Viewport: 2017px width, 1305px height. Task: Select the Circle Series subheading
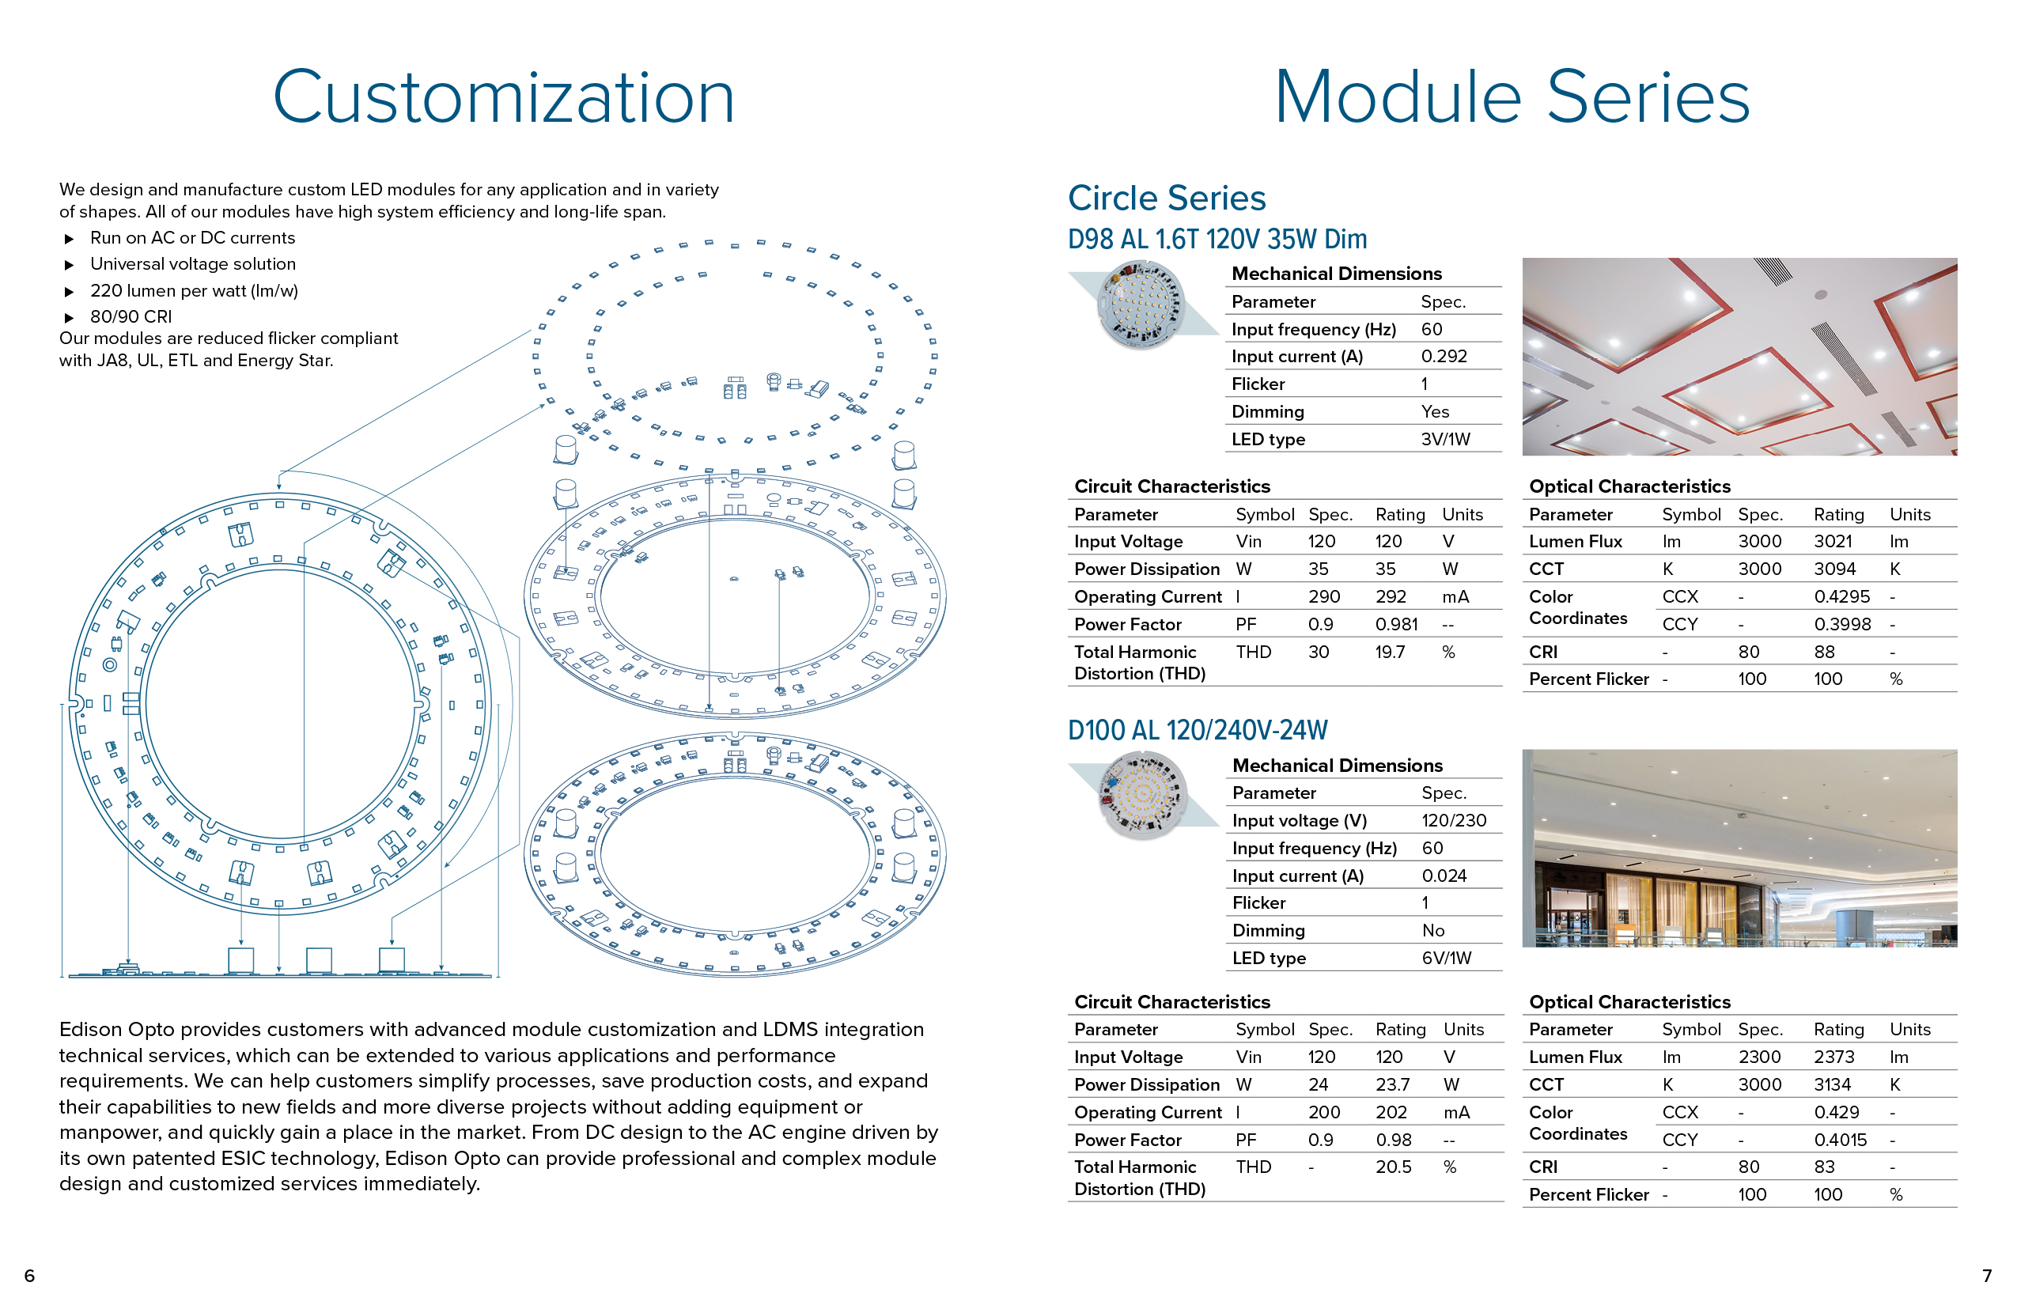[1166, 199]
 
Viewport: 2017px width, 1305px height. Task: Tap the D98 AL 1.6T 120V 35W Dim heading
[1217, 240]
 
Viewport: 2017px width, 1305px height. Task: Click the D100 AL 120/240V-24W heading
[1197, 731]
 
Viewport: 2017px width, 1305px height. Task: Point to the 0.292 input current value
[1444, 357]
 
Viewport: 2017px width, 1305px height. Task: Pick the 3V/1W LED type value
[1445, 440]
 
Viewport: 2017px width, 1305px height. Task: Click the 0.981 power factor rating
[1396, 625]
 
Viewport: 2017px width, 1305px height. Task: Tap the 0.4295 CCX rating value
[1841, 596]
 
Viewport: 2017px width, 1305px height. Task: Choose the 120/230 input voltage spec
[1454, 821]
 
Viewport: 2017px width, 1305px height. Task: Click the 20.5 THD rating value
[1393, 1167]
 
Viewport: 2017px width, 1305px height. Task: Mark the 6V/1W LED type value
[1446, 959]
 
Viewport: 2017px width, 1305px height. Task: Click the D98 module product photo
[1141, 304]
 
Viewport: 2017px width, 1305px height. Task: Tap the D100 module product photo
[1141, 795]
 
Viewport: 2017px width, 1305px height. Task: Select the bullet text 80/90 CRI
[131, 317]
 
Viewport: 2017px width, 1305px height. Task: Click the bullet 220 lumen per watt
[194, 291]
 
